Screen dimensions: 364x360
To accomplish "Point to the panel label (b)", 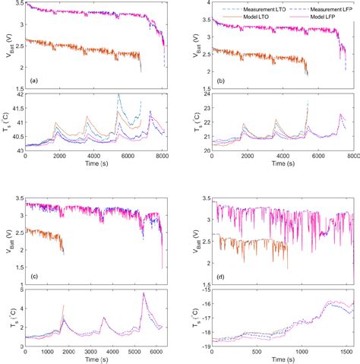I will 220,80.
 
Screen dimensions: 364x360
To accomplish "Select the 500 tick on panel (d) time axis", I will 256,355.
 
